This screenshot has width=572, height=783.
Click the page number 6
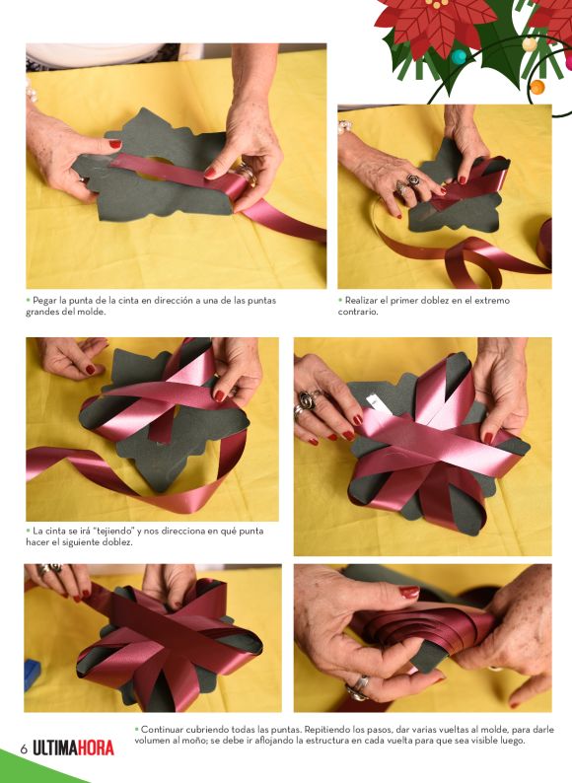coord(23,749)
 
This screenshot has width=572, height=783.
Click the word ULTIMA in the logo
coord(54,748)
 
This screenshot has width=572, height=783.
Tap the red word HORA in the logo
coord(96,748)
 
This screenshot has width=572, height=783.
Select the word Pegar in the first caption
coord(44,301)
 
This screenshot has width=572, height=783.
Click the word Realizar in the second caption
coord(361,301)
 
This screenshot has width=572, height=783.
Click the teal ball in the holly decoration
coord(459,56)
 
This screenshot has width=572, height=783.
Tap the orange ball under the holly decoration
coord(537,87)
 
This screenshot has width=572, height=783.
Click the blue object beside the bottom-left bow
coord(32,676)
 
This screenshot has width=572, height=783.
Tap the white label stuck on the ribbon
coord(373,403)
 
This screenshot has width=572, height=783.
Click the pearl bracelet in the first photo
coord(32,90)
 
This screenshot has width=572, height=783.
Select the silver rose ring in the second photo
coord(412,179)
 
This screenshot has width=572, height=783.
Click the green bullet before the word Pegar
coord(28,301)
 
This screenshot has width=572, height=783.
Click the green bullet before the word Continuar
coord(136,730)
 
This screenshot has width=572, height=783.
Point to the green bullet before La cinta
coord(28,532)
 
